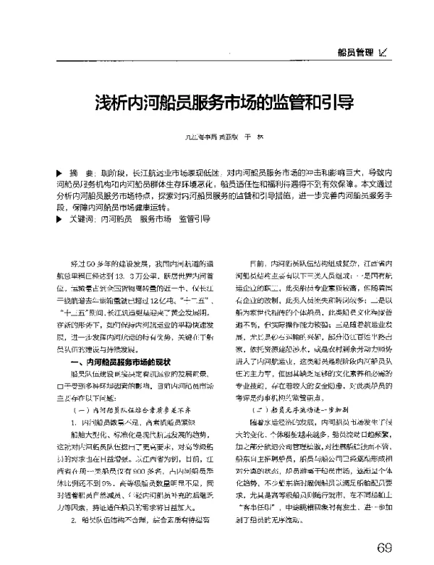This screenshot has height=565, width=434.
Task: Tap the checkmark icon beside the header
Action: (383, 51)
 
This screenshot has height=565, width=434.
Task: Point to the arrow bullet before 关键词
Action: (59, 218)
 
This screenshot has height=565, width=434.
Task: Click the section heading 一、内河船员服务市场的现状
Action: (118, 340)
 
